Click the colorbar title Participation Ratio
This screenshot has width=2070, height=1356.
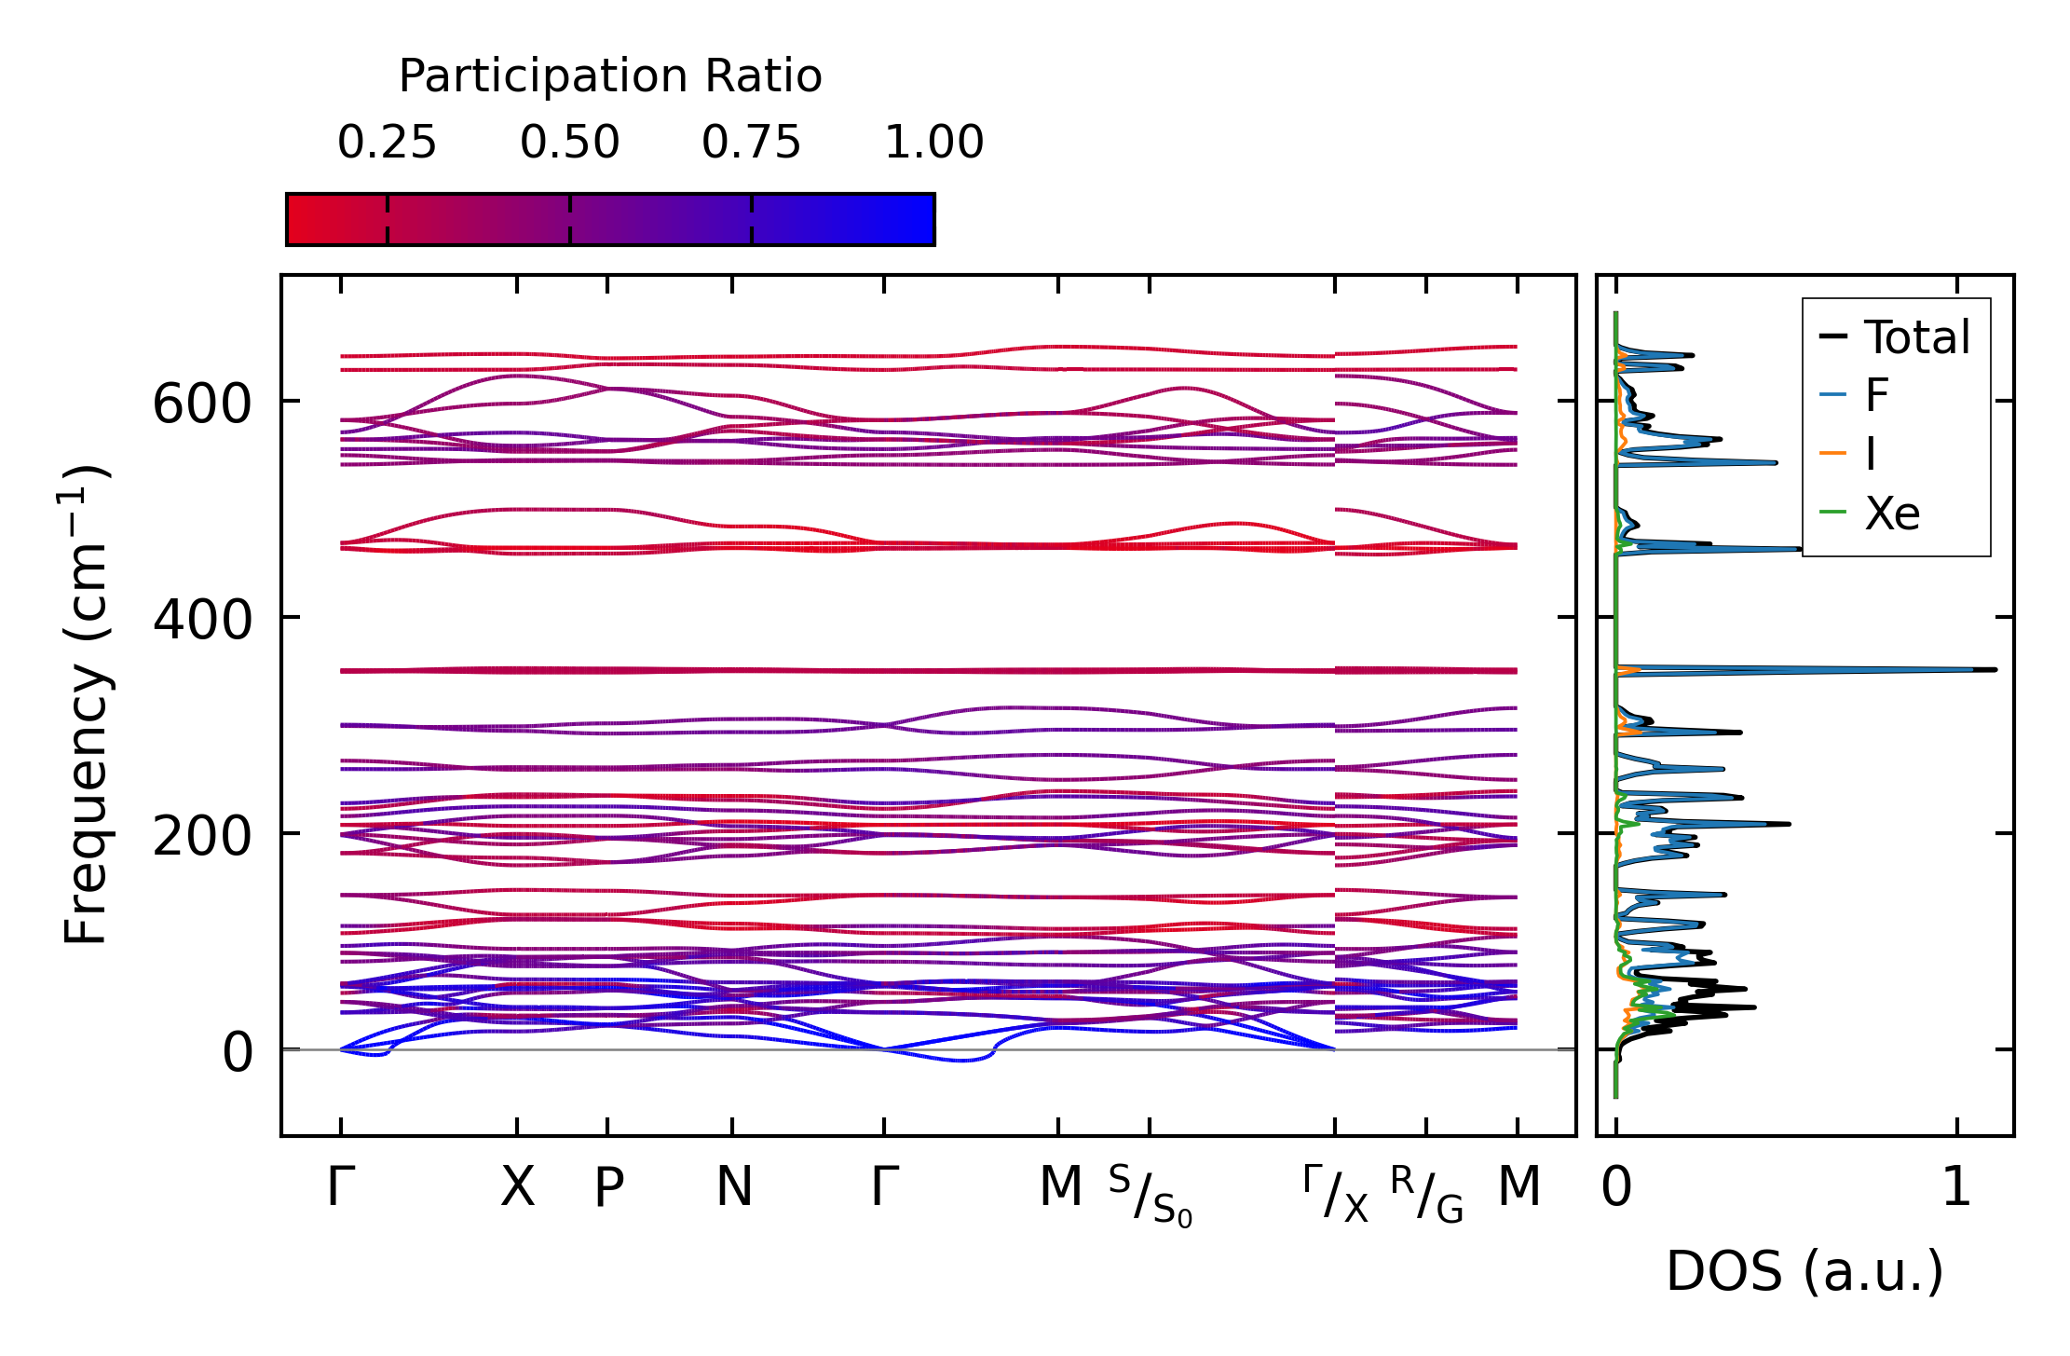tap(610, 76)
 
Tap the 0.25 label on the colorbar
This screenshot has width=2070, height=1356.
tap(387, 144)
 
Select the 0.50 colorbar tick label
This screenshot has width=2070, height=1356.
tap(569, 144)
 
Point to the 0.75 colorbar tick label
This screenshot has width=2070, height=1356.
tap(751, 144)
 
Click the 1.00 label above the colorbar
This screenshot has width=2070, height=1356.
tap(933, 144)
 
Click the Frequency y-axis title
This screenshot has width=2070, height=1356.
tap(86, 705)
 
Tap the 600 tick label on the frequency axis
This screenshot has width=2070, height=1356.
tap(202, 405)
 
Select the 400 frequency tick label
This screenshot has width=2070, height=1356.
tap(202, 621)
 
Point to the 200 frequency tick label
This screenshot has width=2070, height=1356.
tap(202, 837)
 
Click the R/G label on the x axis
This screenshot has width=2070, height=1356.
tap(1426, 1194)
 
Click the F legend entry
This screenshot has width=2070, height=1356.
tap(1876, 396)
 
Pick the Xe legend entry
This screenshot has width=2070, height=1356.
tap(1891, 514)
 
